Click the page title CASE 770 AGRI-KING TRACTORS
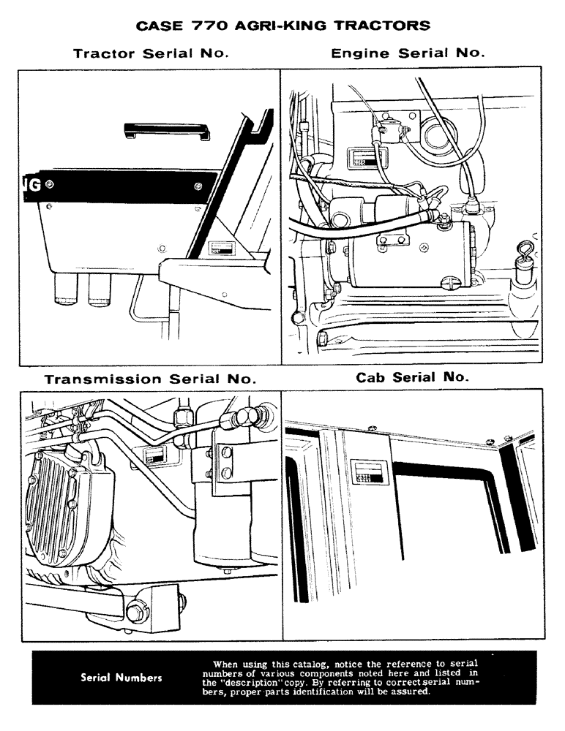click(282, 26)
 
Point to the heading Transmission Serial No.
click(150, 379)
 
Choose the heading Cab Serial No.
click(412, 378)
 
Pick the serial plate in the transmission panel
click(154, 455)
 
